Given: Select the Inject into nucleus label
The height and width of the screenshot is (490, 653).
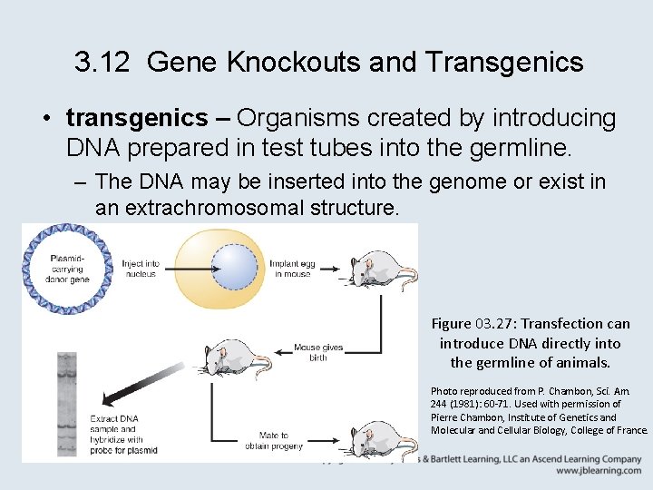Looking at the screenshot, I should click(141, 269).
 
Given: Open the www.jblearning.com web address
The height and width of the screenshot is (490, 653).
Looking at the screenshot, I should click(599, 471).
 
